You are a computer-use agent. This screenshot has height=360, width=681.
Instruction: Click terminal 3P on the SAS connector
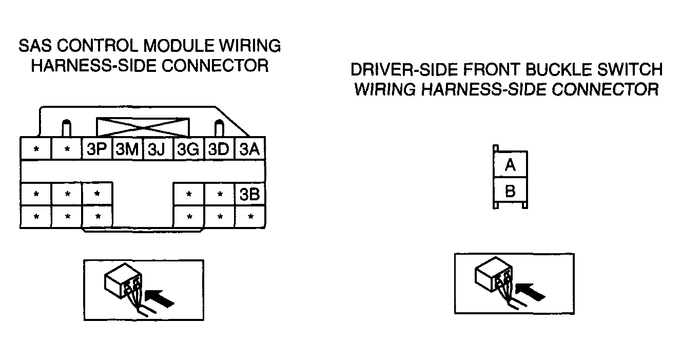tap(98, 148)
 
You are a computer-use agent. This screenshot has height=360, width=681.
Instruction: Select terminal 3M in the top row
tap(128, 148)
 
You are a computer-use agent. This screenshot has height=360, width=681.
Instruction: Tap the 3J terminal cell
tap(158, 148)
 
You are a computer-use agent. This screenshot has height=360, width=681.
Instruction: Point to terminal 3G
tap(188, 148)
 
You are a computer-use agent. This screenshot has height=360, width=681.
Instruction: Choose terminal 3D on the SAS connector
tap(219, 148)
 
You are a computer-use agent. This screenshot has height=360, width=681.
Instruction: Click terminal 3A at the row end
tap(250, 148)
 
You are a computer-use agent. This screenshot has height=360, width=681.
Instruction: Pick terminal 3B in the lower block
tap(250, 194)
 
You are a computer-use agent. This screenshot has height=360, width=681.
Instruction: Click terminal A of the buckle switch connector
tap(510, 164)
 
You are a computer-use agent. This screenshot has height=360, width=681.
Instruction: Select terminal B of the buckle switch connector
tap(510, 191)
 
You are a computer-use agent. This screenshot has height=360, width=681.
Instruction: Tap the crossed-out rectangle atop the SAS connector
tap(143, 127)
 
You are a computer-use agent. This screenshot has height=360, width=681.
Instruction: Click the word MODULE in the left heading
tap(179, 46)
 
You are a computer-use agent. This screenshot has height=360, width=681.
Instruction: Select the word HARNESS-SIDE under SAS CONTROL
tap(94, 66)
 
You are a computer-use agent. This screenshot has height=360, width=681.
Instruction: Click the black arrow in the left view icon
tap(159, 298)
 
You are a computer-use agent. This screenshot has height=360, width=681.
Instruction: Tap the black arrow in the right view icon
tap(530, 292)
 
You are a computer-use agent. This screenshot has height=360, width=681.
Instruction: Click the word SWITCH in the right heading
tap(630, 69)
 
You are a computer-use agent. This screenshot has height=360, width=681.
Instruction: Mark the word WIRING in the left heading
tap(250, 46)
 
